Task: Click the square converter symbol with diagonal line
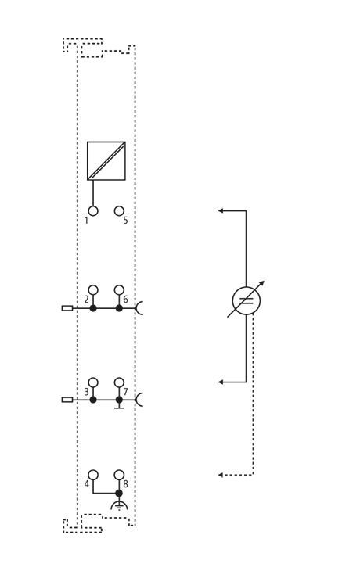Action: click(x=106, y=161)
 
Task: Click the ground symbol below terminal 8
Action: click(x=119, y=505)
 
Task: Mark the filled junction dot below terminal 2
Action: click(x=93, y=308)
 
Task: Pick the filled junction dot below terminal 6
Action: click(x=119, y=308)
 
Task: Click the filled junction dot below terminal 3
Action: click(x=93, y=400)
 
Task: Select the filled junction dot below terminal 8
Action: click(x=119, y=493)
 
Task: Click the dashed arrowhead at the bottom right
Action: click(x=221, y=475)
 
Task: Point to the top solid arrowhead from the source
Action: click(x=221, y=210)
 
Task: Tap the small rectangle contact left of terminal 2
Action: click(x=67, y=308)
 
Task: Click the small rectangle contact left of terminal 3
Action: click(x=67, y=400)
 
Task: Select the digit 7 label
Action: click(x=126, y=392)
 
